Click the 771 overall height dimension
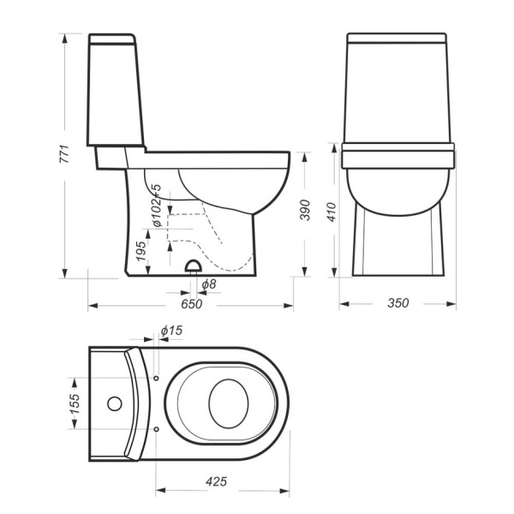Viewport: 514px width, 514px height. click(64, 153)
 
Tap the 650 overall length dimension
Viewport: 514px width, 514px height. click(192, 304)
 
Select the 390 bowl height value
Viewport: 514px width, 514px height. click(305, 210)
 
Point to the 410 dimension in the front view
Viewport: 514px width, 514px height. click(332, 212)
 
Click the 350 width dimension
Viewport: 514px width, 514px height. click(398, 303)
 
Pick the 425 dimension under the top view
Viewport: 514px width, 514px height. click(217, 481)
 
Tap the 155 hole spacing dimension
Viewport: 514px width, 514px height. click(75, 403)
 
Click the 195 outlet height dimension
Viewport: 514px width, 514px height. click(141, 251)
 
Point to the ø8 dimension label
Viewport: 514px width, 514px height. click(209, 284)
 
